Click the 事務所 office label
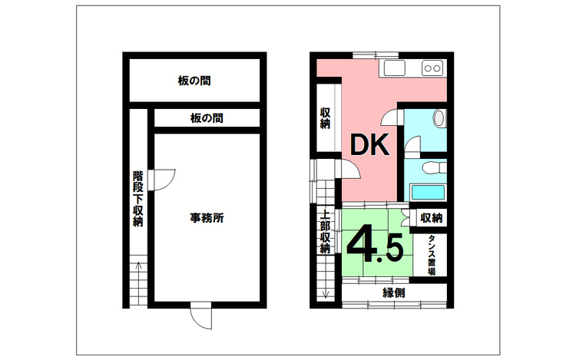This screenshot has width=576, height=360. point(207,218)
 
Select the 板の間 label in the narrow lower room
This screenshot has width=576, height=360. point(207,118)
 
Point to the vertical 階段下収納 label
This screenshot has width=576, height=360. point(137,199)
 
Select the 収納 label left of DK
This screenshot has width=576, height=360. point(325,117)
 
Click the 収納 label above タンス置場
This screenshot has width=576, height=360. point(431,219)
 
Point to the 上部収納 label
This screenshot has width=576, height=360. point(325,232)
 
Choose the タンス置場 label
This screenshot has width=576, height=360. point(432,256)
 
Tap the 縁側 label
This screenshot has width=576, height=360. point(394,292)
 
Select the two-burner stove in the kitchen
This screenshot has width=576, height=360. point(432,68)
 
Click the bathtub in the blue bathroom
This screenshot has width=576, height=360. point(426,193)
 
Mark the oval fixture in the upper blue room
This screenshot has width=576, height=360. point(439,120)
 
